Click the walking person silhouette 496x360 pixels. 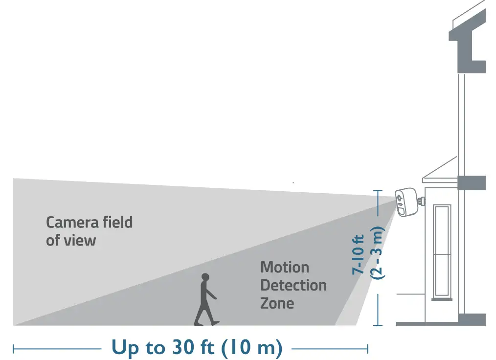click(x=206, y=301)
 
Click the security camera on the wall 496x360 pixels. click(x=406, y=202)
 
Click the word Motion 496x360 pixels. click(x=285, y=268)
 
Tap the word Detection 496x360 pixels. click(x=293, y=285)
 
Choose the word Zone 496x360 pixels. click(x=277, y=303)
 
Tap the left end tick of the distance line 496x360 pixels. click(x=14, y=349)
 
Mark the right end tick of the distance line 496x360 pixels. click(x=367, y=349)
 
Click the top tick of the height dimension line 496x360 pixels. click(x=377, y=191)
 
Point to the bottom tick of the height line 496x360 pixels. click(x=377, y=325)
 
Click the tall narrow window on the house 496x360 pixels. click(x=442, y=252)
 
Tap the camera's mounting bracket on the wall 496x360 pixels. click(x=420, y=201)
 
